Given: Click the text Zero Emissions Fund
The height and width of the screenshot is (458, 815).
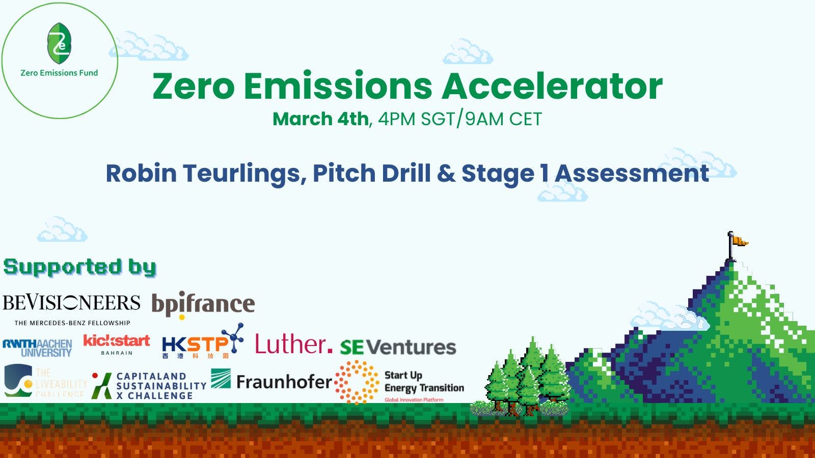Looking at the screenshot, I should coord(59,73).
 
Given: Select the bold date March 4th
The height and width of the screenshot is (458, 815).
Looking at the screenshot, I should coord(320,119).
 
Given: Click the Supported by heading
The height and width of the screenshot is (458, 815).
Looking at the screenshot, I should coord(79,267).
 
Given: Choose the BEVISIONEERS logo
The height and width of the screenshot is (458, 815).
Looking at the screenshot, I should coord(71,308).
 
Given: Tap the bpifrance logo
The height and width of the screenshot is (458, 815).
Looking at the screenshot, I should coord(203,305).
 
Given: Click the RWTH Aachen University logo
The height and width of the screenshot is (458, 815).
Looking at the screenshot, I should coord(37,348).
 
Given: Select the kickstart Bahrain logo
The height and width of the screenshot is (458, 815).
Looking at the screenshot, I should coord(117,345).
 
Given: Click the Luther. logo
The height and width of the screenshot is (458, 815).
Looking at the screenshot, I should coord(293,345).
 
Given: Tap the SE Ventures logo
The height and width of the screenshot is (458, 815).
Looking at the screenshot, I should coord(398,347).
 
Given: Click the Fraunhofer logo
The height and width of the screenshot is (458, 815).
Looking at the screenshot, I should coord(271,381).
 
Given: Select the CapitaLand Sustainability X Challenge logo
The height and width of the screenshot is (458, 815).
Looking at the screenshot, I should coord(149,386).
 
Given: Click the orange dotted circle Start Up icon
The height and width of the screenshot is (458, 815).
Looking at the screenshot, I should coord(357,382).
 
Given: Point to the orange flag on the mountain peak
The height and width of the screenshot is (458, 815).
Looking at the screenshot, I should coord(738,240).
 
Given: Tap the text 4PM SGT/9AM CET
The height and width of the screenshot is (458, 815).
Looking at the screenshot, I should coord(459,119).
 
